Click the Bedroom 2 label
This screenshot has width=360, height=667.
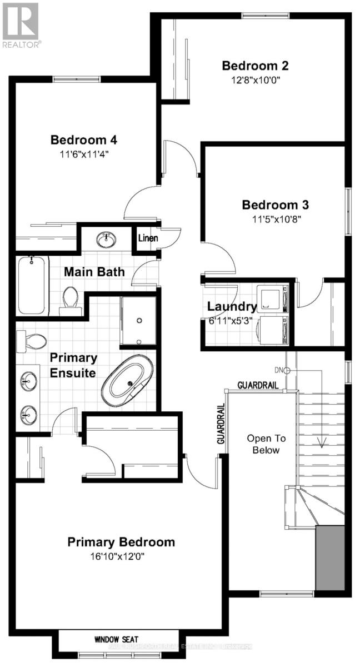pos(255,66)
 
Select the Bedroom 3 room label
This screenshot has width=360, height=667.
pos(275,205)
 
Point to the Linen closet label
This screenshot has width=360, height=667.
pos(148,238)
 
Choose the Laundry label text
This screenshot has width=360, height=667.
pos(232,306)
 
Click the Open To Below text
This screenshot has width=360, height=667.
pos(263,444)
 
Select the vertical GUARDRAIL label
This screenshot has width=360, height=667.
pos(221,424)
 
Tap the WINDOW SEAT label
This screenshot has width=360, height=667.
pos(116,640)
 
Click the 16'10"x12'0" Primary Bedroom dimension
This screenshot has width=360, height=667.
pos(121,556)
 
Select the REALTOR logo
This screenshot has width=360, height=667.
pos(21,26)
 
